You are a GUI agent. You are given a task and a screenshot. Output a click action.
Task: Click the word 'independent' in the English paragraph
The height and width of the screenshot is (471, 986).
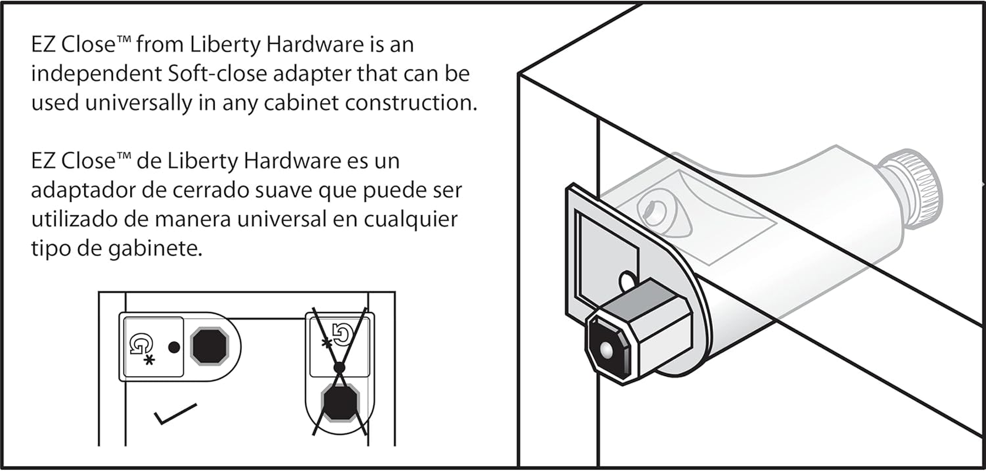[x=97, y=74]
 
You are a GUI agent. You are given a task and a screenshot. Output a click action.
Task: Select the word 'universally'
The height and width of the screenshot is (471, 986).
[x=139, y=103]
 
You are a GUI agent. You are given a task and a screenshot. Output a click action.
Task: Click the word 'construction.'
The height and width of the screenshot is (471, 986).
[x=411, y=102]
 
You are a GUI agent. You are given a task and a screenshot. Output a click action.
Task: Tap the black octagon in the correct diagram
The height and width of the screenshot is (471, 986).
[x=210, y=346]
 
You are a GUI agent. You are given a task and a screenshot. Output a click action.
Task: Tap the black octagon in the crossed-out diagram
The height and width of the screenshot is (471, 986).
[x=340, y=402]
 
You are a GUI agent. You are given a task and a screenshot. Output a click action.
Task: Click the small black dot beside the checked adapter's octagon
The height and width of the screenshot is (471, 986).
[x=174, y=347]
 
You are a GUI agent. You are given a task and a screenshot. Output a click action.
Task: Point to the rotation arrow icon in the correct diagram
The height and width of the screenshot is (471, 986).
[x=141, y=344]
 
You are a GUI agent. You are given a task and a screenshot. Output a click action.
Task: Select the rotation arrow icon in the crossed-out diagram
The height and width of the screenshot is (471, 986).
[x=343, y=335]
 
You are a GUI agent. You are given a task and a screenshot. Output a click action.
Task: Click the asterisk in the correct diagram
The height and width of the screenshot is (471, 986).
[x=150, y=361]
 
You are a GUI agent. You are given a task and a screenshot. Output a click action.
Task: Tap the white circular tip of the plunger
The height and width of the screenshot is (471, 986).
[x=606, y=350]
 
